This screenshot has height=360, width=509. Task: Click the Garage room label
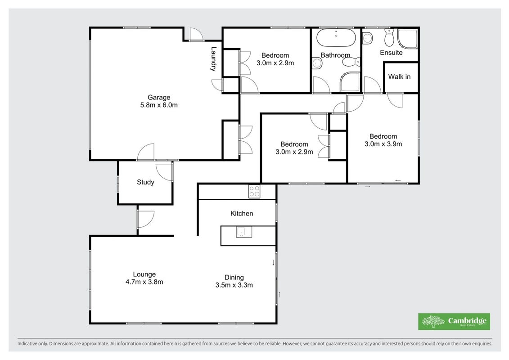pyautogui.click(x=159, y=97)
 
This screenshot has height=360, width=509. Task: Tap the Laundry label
pyautogui.click(x=213, y=59)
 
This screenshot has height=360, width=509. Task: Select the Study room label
pyautogui.click(x=145, y=182)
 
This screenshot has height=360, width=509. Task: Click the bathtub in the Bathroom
pyautogui.click(x=336, y=38)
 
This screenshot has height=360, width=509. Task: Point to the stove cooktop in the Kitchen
pyautogui.click(x=254, y=191)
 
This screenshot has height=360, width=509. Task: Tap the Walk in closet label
pyautogui.click(x=399, y=76)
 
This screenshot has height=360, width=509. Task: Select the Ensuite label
pyautogui.click(x=391, y=53)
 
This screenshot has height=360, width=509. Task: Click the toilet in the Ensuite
pyautogui.click(x=389, y=38)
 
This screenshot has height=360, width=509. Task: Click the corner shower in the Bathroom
pyautogui.click(x=350, y=82)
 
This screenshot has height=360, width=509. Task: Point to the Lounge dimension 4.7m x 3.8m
pyautogui.click(x=144, y=282)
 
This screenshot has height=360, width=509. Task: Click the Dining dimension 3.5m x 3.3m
pyautogui.click(x=234, y=285)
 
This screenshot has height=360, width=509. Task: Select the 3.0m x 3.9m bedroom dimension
pyautogui.click(x=383, y=144)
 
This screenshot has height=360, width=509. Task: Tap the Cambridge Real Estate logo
pyautogui.click(x=454, y=321)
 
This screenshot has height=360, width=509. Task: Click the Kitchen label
pyautogui.click(x=242, y=213)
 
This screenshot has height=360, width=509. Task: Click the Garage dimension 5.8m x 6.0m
pyautogui.click(x=159, y=105)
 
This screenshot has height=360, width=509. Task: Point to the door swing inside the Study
pyautogui.click(x=164, y=172)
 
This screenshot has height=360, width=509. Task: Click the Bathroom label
pyautogui.click(x=335, y=55)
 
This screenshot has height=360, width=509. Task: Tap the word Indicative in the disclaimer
pyautogui.click(x=28, y=343)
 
